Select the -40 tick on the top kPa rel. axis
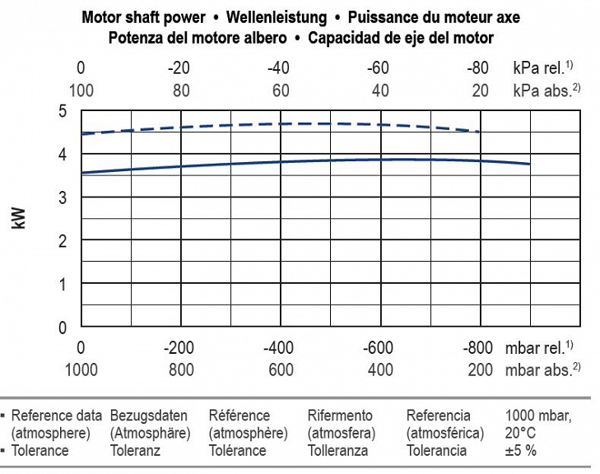pyautogui.click(x=281, y=68)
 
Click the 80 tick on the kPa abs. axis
pyautogui.click(x=181, y=90)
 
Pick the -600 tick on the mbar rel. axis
pyautogui.click(x=379, y=348)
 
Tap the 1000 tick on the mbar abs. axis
pyautogui.click(x=81, y=369)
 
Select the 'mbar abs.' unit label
pyautogui.click(x=536, y=369)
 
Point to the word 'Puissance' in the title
pyautogui.click(x=382, y=17)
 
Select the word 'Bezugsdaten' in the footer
pyautogui.click(x=148, y=416)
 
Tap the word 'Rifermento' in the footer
pyautogui.click(x=340, y=416)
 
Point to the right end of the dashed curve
pyautogui.click(x=479, y=132)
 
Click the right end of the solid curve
pyautogui.click(x=529, y=165)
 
